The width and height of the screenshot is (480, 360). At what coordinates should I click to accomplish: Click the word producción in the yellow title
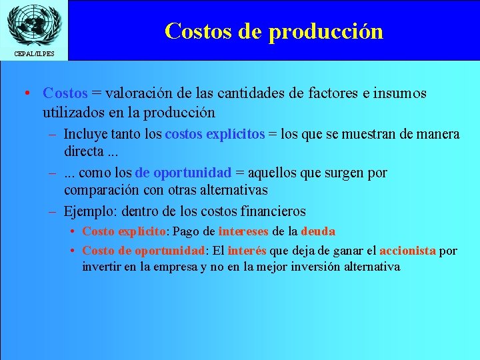pos(327,31)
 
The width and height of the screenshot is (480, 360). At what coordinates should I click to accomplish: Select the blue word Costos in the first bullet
pos(64,93)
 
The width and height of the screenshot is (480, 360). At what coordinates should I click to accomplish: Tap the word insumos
pos(401,93)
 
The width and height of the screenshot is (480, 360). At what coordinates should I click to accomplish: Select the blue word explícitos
pos(231,135)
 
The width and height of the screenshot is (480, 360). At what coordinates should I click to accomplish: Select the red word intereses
pos(243,231)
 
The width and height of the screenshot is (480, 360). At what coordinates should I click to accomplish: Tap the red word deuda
pos(318,231)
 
